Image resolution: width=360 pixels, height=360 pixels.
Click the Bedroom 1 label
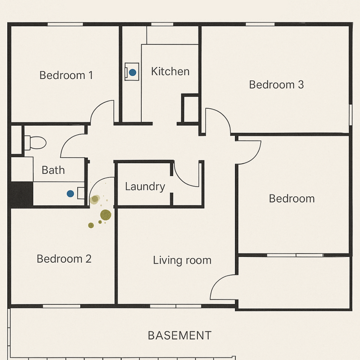pos(66,75)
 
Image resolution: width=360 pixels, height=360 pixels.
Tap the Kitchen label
pos(170,71)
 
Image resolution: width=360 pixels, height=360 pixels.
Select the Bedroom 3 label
pos(276,85)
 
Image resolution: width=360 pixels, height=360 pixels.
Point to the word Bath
pos(53,170)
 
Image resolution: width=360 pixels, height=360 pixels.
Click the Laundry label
pos(145,187)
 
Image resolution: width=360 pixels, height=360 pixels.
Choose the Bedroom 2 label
pos(64,259)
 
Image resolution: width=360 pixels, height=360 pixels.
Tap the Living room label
pos(182,260)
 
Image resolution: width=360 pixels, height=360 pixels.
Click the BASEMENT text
pos(180,336)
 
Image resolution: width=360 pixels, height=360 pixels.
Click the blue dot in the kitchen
pos(132,73)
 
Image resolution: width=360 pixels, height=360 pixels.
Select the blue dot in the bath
pos(70,194)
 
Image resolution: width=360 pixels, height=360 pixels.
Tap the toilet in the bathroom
pos(35,143)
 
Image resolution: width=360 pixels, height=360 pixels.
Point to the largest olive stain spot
pos(106,215)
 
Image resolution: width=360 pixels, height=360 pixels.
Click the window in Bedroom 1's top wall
pos(65,24)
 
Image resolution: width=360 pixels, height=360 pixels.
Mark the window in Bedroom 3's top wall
pos(260,24)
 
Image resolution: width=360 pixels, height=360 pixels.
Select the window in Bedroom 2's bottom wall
pos(62,306)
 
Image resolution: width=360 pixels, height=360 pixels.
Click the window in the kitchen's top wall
pos(162,24)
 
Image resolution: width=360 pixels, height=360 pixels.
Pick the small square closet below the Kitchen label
pos(190,109)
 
